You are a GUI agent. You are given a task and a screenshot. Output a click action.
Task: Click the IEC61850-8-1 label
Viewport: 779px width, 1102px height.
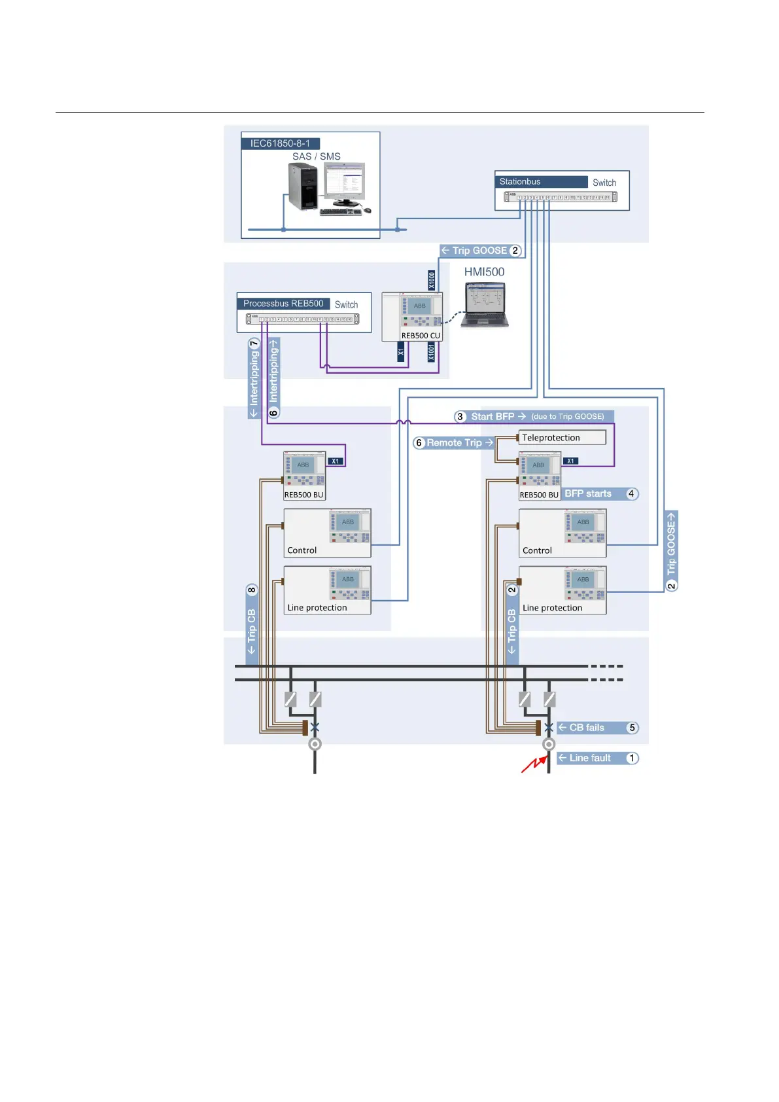coord(280,143)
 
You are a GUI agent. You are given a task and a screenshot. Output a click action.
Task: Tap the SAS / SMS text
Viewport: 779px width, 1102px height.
coord(316,156)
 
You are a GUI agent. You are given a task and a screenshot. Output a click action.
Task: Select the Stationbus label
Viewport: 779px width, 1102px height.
coord(520,182)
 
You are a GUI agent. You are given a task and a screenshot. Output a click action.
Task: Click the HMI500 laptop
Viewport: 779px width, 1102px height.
coord(485,306)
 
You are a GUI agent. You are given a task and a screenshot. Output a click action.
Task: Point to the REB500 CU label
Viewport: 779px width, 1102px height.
coord(421,336)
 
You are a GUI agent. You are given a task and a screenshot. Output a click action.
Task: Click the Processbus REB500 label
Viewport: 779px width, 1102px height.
coord(283,304)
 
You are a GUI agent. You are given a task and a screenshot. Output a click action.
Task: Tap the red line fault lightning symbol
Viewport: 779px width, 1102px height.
coord(534,764)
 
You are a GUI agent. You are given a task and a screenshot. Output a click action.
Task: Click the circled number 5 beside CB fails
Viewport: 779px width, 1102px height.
coord(632,728)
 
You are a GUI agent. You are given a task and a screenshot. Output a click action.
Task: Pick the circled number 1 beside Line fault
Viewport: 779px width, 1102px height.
coord(632,758)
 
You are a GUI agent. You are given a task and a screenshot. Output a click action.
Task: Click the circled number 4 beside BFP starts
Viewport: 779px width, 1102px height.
coord(631,494)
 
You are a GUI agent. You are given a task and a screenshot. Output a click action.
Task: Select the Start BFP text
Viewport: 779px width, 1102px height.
coord(493,417)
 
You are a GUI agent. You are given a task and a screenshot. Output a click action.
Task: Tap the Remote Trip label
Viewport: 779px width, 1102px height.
coord(454,443)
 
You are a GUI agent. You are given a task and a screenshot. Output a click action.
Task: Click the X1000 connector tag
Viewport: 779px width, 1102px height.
coord(432,280)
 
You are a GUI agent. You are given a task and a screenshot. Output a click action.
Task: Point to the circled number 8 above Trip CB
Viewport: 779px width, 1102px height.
coord(252,590)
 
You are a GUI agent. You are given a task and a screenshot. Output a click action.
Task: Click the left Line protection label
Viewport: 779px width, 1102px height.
coord(317,608)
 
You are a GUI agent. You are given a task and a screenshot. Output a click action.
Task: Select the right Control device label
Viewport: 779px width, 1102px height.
coord(537,551)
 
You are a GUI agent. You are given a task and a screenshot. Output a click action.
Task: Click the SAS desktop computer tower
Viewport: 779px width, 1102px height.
coord(303,187)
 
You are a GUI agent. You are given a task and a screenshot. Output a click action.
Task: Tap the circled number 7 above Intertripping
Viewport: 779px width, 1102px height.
coord(254,344)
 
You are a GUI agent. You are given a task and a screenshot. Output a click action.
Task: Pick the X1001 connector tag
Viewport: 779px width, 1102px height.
coord(431,352)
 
